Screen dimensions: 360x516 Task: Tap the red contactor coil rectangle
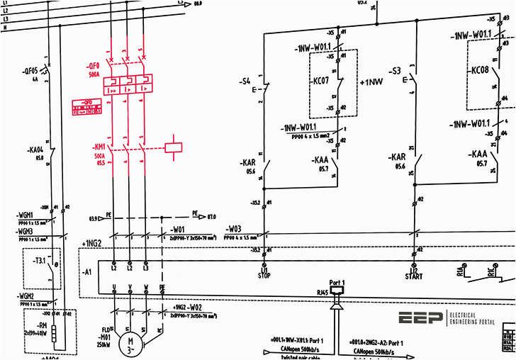174,148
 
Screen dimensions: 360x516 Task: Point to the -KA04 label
35,150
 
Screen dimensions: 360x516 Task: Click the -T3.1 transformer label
38,261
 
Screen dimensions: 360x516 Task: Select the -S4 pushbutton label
246,81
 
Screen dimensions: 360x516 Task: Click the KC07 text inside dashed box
322,81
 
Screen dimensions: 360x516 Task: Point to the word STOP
264,277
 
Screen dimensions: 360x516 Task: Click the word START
414,277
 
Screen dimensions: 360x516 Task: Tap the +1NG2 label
93,244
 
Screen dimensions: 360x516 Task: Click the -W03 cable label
234,229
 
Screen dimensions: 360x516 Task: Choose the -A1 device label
87,271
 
